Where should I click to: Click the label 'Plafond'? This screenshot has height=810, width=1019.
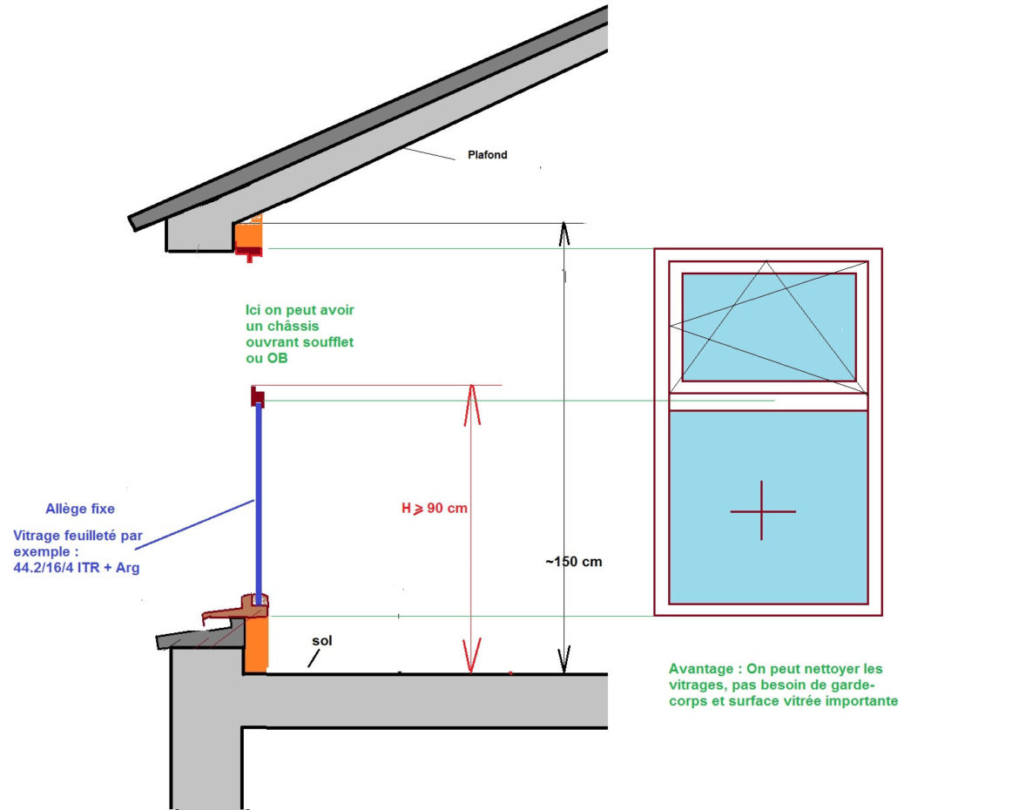488,156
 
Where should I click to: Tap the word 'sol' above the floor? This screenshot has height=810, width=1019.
322,641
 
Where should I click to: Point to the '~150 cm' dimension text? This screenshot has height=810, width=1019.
573,562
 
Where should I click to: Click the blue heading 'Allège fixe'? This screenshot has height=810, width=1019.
79,509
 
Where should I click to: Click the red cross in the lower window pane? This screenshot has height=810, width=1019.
762,510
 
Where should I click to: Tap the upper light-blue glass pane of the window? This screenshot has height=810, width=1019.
768,327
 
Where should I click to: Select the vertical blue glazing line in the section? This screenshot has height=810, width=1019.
258,496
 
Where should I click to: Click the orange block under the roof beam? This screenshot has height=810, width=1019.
249,233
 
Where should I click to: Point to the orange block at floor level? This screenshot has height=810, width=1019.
255,645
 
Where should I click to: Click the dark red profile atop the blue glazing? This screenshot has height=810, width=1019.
258,395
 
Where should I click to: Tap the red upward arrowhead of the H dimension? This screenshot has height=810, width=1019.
471,402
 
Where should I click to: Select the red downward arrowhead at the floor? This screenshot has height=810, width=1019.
471,658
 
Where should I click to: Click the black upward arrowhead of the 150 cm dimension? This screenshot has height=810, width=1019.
564,233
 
